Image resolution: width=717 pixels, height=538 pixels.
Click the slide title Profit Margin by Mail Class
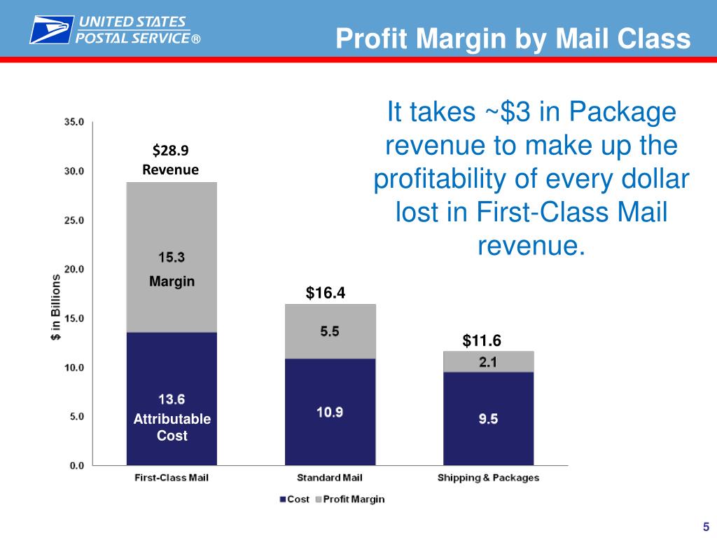[x=513, y=39]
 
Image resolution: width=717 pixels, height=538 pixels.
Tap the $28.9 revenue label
[x=171, y=150]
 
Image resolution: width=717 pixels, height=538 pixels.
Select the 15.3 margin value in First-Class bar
[x=171, y=257]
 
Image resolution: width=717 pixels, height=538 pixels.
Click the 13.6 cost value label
[x=171, y=400]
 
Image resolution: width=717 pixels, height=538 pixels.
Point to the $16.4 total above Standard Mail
[x=326, y=293]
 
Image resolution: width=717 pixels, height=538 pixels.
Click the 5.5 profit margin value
[x=330, y=332]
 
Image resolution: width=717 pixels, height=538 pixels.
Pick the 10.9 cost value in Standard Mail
[x=330, y=412]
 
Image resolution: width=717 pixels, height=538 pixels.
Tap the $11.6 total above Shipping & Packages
[x=482, y=341]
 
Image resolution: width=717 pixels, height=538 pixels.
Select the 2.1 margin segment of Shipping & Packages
[x=488, y=361]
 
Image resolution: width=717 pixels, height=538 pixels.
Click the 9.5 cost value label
[x=488, y=420]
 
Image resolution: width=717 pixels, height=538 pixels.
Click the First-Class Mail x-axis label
[x=172, y=478]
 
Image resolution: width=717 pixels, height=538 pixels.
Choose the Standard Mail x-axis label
[x=330, y=478]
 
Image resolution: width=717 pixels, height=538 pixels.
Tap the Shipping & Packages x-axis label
[x=488, y=478]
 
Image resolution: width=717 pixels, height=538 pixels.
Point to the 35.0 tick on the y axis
[x=74, y=122]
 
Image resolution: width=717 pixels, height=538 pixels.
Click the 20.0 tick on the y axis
[x=74, y=269]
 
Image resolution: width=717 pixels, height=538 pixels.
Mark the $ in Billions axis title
[x=55, y=306]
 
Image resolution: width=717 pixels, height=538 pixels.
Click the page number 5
[x=706, y=527]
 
